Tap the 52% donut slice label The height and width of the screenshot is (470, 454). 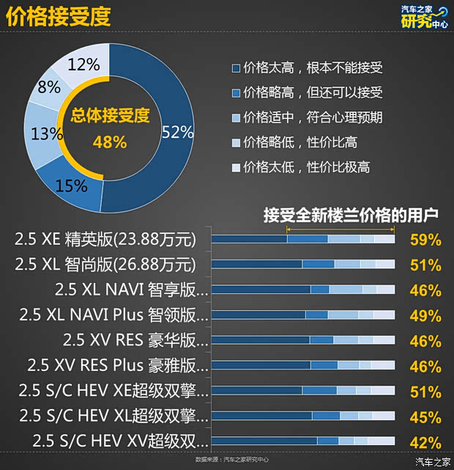pyautogui.click(x=178, y=132)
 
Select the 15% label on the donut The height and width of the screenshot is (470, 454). pyautogui.click(x=71, y=186)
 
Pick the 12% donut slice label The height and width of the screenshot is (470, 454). pyautogui.click(x=83, y=65)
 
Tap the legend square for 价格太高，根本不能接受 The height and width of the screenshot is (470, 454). pyautogui.click(x=236, y=68)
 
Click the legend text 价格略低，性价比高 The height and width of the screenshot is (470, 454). pyautogui.click(x=300, y=142)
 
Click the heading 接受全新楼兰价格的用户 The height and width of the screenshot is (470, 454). pyautogui.click(x=351, y=216)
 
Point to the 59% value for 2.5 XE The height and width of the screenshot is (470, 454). pyautogui.click(x=425, y=240)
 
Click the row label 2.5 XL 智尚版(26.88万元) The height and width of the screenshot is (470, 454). pyautogui.click(x=105, y=264)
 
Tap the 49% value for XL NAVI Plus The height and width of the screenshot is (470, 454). pyautogui.click(x=425, y=316)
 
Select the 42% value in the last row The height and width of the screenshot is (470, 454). pyautogui.click(x=425, y=442)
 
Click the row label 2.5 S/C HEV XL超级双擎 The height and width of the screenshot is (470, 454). pyautogui.click(x=114, y=416)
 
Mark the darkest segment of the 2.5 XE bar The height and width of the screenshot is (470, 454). pyautogui.click(x=249, y=239)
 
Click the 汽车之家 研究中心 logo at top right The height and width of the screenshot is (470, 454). pyautogui.click(x=424, y=17)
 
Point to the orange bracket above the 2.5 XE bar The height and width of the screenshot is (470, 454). pyautogui.click(x=340, y=229)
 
